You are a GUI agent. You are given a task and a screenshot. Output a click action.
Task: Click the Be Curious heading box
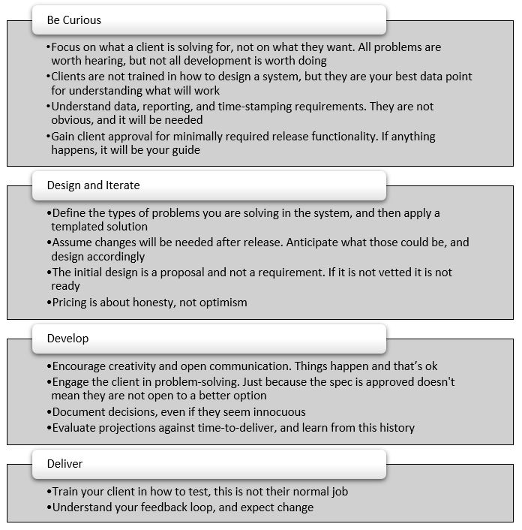208,20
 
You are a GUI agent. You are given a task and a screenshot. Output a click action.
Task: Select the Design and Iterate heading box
208,185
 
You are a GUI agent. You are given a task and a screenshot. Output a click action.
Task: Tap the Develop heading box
208,339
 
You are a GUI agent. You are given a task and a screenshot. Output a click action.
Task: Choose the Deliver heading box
208,464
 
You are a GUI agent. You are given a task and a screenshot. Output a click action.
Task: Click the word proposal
179,273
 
